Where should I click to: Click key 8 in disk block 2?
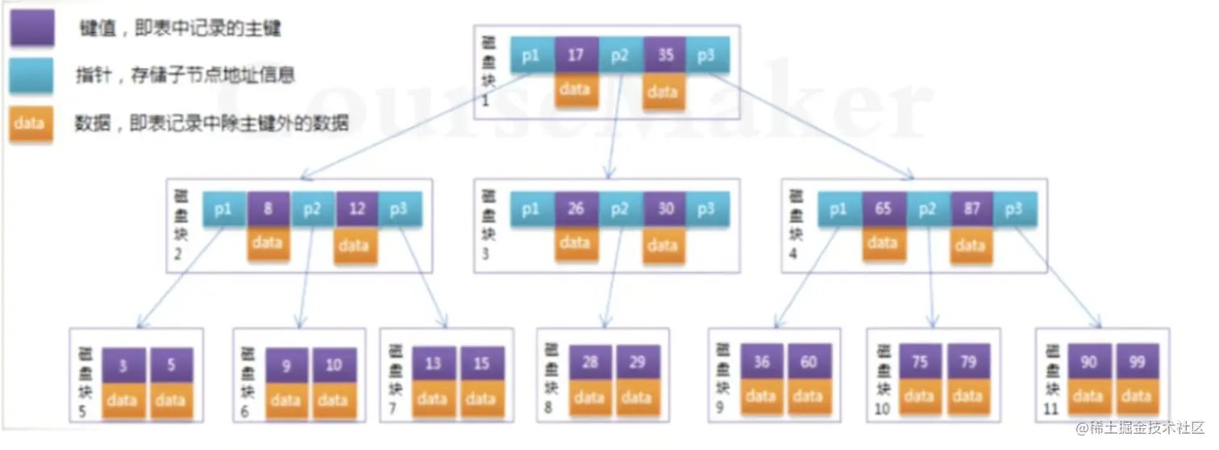click(268, 209)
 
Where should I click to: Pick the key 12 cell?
click(356, 209)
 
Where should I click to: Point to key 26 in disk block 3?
click(576, 209)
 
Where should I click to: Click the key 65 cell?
click(884, 209)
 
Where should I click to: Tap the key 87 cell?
click(971, 209)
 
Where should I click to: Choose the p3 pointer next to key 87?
click(1015, 209)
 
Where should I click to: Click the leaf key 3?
click(123, 365)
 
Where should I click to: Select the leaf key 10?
click(334, 365)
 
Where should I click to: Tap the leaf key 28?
click(590, 364)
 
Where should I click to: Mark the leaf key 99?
click(1136, 362)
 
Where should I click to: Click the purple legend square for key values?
click(31, 30)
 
